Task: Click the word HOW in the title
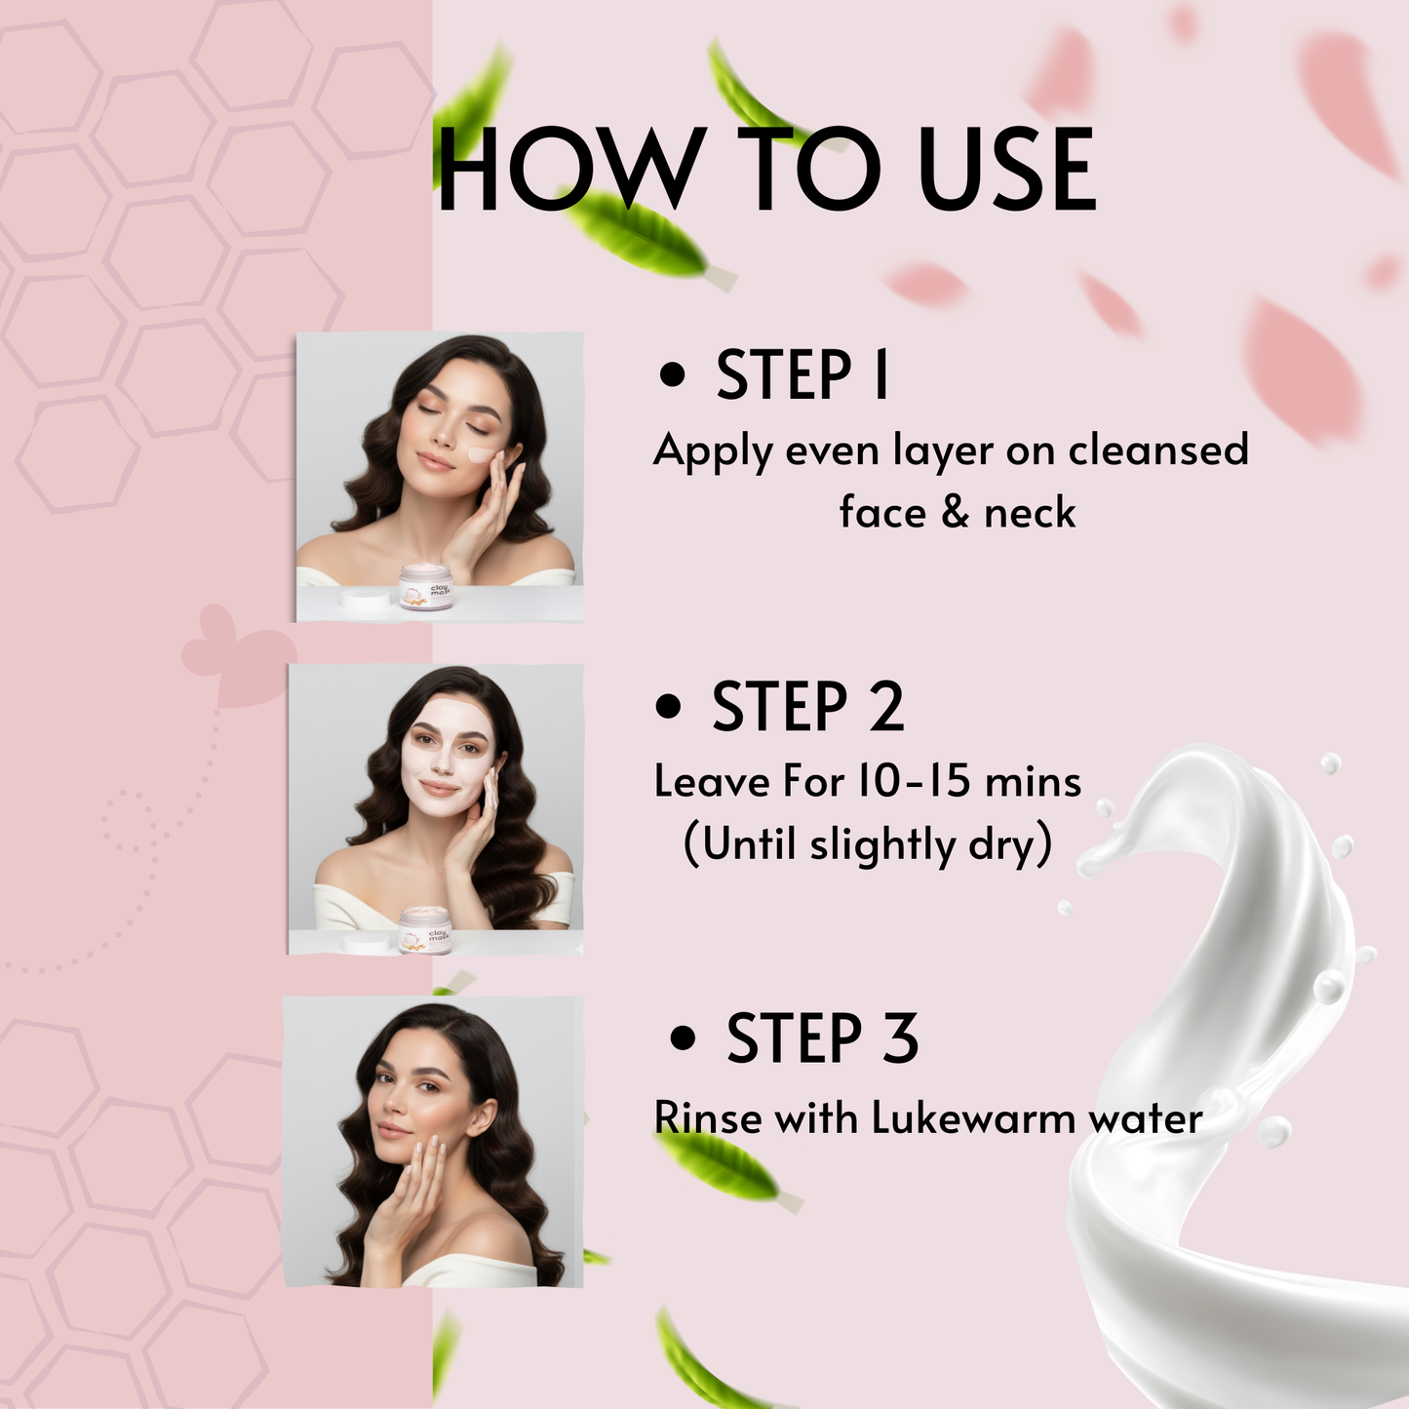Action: pyautogui.click(x=570, y=171)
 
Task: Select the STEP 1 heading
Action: pyautogui.click(x=802, y=375)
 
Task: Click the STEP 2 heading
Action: pyautogui.click(x=807, y=707)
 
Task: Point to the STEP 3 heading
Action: pyautogui.click(x=822, y=1038)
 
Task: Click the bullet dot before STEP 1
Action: pyautogui.click(x=672, y=375)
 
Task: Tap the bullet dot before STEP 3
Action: pyautogui.click(x=684, y=1038)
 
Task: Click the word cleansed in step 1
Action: pyautogui.click(x=1157, y=450)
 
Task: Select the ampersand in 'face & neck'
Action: pyautogui.click(x=956, y=513)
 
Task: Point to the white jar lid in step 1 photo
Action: pyautogui.click(x=364, y=598)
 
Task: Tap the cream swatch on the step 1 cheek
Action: pyautogui.click(x=480, y=454)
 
